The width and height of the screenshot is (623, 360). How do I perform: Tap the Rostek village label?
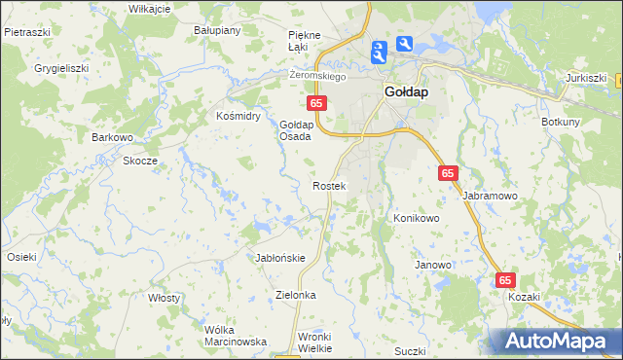(x=328, y=185)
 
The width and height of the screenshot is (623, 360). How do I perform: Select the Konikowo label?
(x=417, y=218)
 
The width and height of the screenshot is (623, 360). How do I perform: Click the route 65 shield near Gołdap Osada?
(x=315, y=102)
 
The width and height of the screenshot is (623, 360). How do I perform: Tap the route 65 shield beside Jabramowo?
(x=448, y=172)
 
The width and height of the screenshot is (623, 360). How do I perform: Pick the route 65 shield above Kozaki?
(x=505, y=279)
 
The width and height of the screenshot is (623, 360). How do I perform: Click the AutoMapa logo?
(x=554, y=342)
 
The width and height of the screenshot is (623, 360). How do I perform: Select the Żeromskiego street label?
(x=318, y=75)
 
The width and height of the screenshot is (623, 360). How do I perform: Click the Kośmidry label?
(x=238, y=116)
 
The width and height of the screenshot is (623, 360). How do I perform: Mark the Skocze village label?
(x=139, y=161)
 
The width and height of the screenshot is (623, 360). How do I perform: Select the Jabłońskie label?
(x=280, y=258)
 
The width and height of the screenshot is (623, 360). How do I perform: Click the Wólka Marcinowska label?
(x=236, y=336)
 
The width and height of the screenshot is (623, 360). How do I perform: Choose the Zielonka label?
(x=297, y=294)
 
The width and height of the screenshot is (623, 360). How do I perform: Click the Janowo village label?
(x=433, y=265)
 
